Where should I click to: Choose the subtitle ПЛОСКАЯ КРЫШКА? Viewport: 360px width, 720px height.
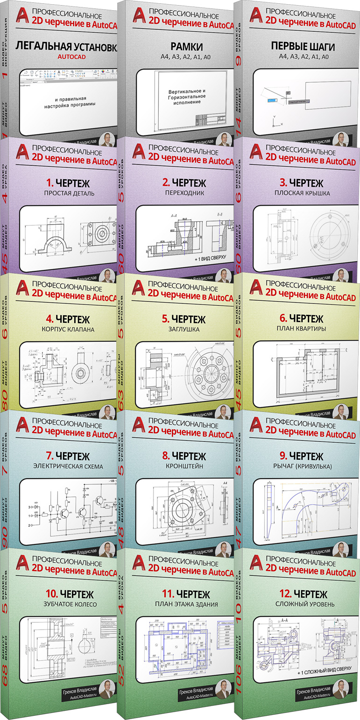pyautogui.click(x=302, y=193)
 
